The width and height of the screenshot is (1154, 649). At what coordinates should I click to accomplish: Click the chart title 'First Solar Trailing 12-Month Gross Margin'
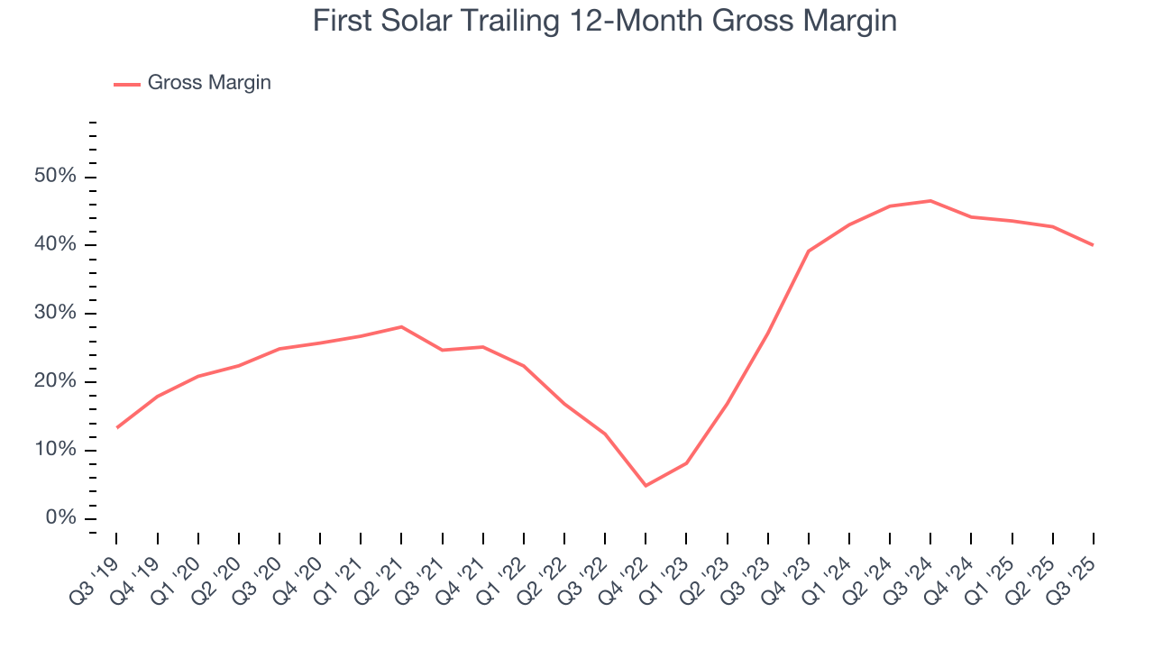click(x=604, y=21)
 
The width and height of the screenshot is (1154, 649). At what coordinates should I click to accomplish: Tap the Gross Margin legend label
click(x=209, y=83)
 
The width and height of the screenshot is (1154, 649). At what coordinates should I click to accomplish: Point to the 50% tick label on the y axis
click(x=54, y=177)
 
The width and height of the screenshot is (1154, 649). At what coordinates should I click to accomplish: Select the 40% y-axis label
click(x=54, y=245)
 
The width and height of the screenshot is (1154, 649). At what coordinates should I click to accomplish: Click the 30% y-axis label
click(x=54, y=314)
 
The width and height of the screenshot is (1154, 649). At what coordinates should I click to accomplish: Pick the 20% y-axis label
click(x=54, y=382)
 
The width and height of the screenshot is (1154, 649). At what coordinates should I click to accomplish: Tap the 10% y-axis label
click(x=54, y=451)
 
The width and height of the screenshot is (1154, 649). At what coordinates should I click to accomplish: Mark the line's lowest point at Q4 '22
click(x=646, y=486)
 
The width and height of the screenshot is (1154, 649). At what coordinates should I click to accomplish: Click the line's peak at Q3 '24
click(x=930, y=201)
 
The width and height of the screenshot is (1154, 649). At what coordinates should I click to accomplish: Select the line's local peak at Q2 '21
click(x=401, y=326)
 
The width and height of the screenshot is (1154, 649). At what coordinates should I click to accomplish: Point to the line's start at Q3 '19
click(x=117, y=427)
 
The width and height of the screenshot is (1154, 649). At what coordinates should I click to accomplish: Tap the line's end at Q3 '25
click(x=1093, y=245)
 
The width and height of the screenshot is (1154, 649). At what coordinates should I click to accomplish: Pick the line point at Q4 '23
click(x=809, y=251)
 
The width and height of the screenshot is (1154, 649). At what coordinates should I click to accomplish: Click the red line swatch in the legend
click(x=126, y=84)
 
